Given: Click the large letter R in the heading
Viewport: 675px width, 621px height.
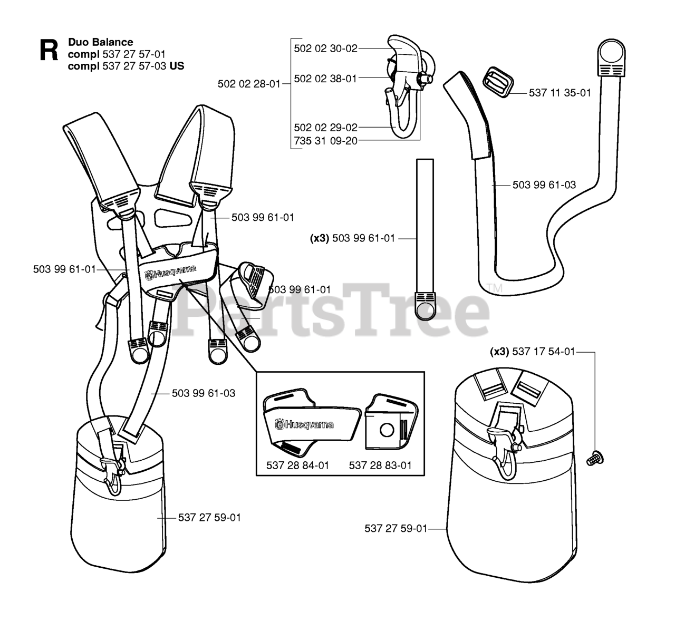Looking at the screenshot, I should point(49,52).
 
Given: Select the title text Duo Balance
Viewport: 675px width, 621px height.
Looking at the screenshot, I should point(100,42).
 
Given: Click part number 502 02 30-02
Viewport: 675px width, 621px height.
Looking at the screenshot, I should point(325,48).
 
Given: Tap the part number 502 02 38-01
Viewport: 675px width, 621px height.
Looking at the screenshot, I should point(325,79).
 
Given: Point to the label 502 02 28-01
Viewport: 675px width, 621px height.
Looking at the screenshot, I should point(249,83).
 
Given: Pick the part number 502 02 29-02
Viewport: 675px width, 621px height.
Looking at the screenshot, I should point(325,128).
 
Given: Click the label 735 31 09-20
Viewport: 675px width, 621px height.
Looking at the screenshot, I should point(325,141).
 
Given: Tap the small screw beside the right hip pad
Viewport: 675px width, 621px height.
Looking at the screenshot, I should point(595,458).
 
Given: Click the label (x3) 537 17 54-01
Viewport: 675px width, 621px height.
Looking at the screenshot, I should point(532,352).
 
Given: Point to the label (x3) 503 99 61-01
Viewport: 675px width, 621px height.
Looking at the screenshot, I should point(352,238).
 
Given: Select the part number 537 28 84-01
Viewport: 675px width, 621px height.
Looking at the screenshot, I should point(297,465).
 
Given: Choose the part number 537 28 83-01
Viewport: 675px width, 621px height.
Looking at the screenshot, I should point(380,465).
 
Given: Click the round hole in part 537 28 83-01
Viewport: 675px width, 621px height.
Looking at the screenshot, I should point(387,430).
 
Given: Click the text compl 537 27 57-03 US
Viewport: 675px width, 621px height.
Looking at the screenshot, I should point(126,66).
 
